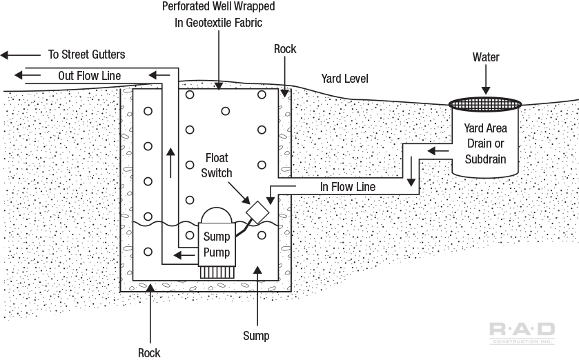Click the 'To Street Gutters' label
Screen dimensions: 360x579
click(x=86, y=54)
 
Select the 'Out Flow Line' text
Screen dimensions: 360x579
click(x=89, y=75)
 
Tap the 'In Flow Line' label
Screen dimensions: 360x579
click(x=347, y=187)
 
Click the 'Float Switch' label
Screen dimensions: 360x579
click(x=217, y=166)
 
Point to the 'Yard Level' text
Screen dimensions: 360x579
click(x=344, y=79)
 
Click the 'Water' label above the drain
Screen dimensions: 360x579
click(x=486, y=57)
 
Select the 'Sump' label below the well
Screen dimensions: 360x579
click(x=256, y=336)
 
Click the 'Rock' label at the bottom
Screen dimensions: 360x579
click(x=149, y=352)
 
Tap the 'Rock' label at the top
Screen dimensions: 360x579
click(x=285, y=49)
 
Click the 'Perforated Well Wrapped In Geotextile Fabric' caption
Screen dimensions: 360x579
click(x=218, y=14)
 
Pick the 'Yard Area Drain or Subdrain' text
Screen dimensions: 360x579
click(x=485, y=143)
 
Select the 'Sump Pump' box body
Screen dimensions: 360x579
click(x=217, y=245)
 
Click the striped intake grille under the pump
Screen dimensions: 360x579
click(x=217, y=272)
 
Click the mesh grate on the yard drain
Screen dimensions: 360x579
click(x=485, y=104)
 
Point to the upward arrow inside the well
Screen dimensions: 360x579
click(x=169, y=159)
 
